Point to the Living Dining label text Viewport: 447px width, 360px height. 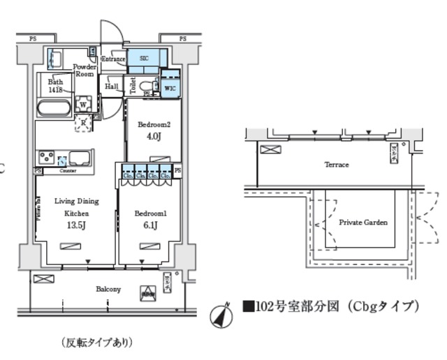click(x=76, y=201)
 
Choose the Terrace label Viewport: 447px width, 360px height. click(x=336, y=165)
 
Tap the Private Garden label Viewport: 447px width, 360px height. click(x=362, y=223)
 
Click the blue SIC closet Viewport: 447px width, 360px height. click(x=144, y=59)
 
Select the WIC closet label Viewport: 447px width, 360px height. click(x=170, y=87)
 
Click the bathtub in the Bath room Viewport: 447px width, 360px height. click(x=53, y=108)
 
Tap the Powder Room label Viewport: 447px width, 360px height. click(x=85, y=70)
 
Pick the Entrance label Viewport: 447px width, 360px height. click(x=113, y=59)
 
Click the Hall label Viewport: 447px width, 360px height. click(x=111, y=87)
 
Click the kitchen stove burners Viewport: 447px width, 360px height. click(x=47, y=156)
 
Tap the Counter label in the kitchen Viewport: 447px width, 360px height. click(x=68, y=170)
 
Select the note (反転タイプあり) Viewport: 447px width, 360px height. click(x=96, y=343)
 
